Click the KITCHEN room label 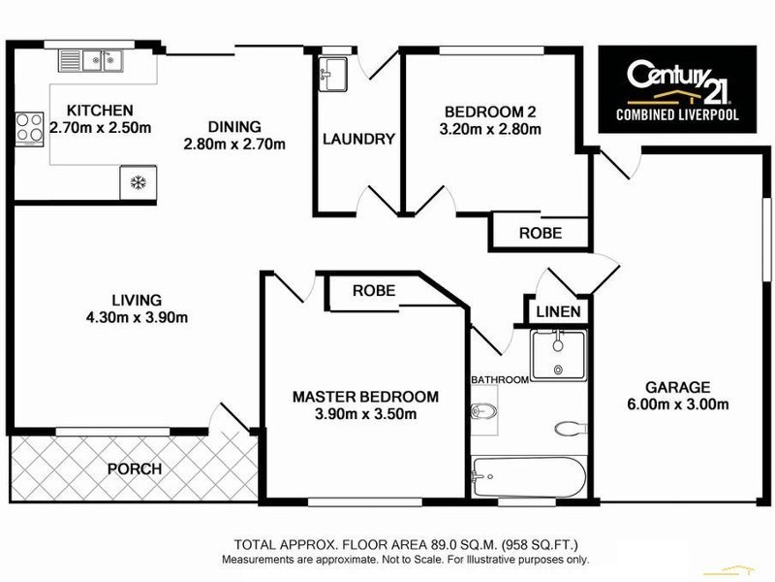click(100, 110)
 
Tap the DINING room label click(234, 126)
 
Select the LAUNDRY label click(358, 139)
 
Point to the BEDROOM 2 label click(489, 110)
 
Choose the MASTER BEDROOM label click(365, 397)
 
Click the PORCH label click(134, 469)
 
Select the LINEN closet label click(559, 312)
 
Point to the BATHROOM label click(500, 379)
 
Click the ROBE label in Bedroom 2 click(540, 233)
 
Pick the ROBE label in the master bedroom click(374, 290)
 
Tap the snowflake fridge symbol click(138, 181)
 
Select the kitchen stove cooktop click(24, 128)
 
